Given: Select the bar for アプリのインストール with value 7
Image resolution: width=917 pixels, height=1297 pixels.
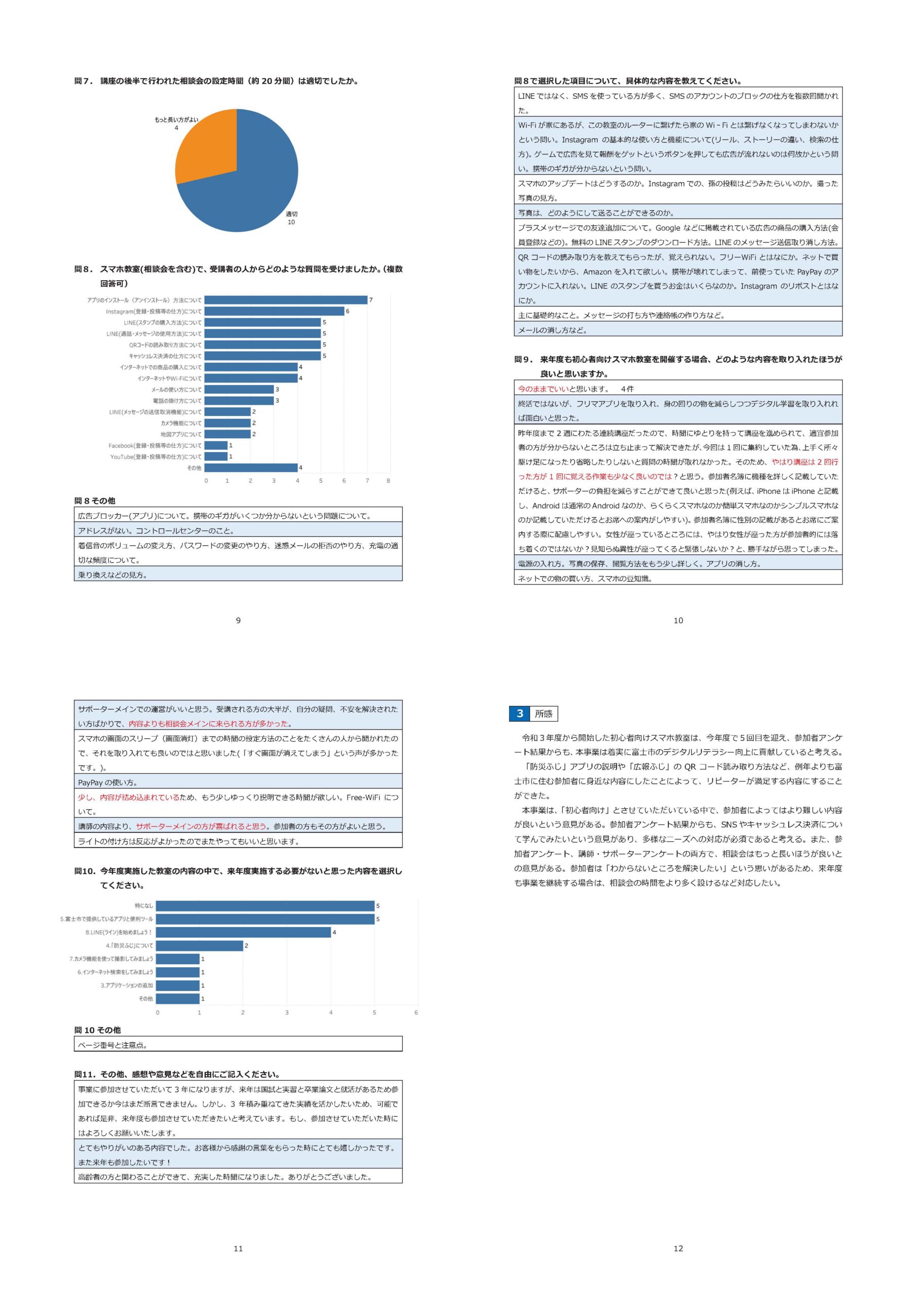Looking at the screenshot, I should [x=286, y=300].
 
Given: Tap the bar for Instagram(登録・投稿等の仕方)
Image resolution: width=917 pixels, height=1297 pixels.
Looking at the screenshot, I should [x=274, y=311].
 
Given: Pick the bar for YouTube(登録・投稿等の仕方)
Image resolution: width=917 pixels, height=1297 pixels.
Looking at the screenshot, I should [x=216, y=456].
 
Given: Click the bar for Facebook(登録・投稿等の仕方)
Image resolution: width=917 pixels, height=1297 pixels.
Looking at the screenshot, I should [x=216, y=445].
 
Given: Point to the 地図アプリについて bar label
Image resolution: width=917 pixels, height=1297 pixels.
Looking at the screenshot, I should [x=181, y=434].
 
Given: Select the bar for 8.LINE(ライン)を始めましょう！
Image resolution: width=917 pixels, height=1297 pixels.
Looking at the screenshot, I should [x=243, y=932].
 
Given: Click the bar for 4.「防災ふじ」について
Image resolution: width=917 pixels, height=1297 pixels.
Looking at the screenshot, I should [x=200, y=945].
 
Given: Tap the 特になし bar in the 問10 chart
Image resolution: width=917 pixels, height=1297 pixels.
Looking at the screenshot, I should [x=265, y=905].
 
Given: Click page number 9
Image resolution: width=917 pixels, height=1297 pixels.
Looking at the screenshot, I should [x=238, y=620].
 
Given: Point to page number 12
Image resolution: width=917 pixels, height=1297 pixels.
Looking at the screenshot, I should [x=678, y=1248].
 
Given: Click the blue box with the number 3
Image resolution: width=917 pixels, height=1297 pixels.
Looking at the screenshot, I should [x=520, y=713].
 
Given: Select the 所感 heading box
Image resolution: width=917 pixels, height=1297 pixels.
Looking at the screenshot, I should [x=544, y=714].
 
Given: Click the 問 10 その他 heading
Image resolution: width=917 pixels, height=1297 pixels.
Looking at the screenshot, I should [x=97, y=1030].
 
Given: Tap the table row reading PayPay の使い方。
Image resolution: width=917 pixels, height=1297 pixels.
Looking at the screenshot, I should [x=238, y=782].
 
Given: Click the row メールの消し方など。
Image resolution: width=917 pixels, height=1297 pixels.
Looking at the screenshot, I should [x=678, y=330].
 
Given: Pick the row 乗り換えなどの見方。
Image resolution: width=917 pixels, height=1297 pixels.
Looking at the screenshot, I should [x=238, y=575].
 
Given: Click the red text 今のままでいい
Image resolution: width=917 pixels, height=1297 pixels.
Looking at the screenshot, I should [x=543, y=389].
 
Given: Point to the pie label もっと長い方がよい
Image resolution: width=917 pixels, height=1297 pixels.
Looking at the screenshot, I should [x=176, y=120].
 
